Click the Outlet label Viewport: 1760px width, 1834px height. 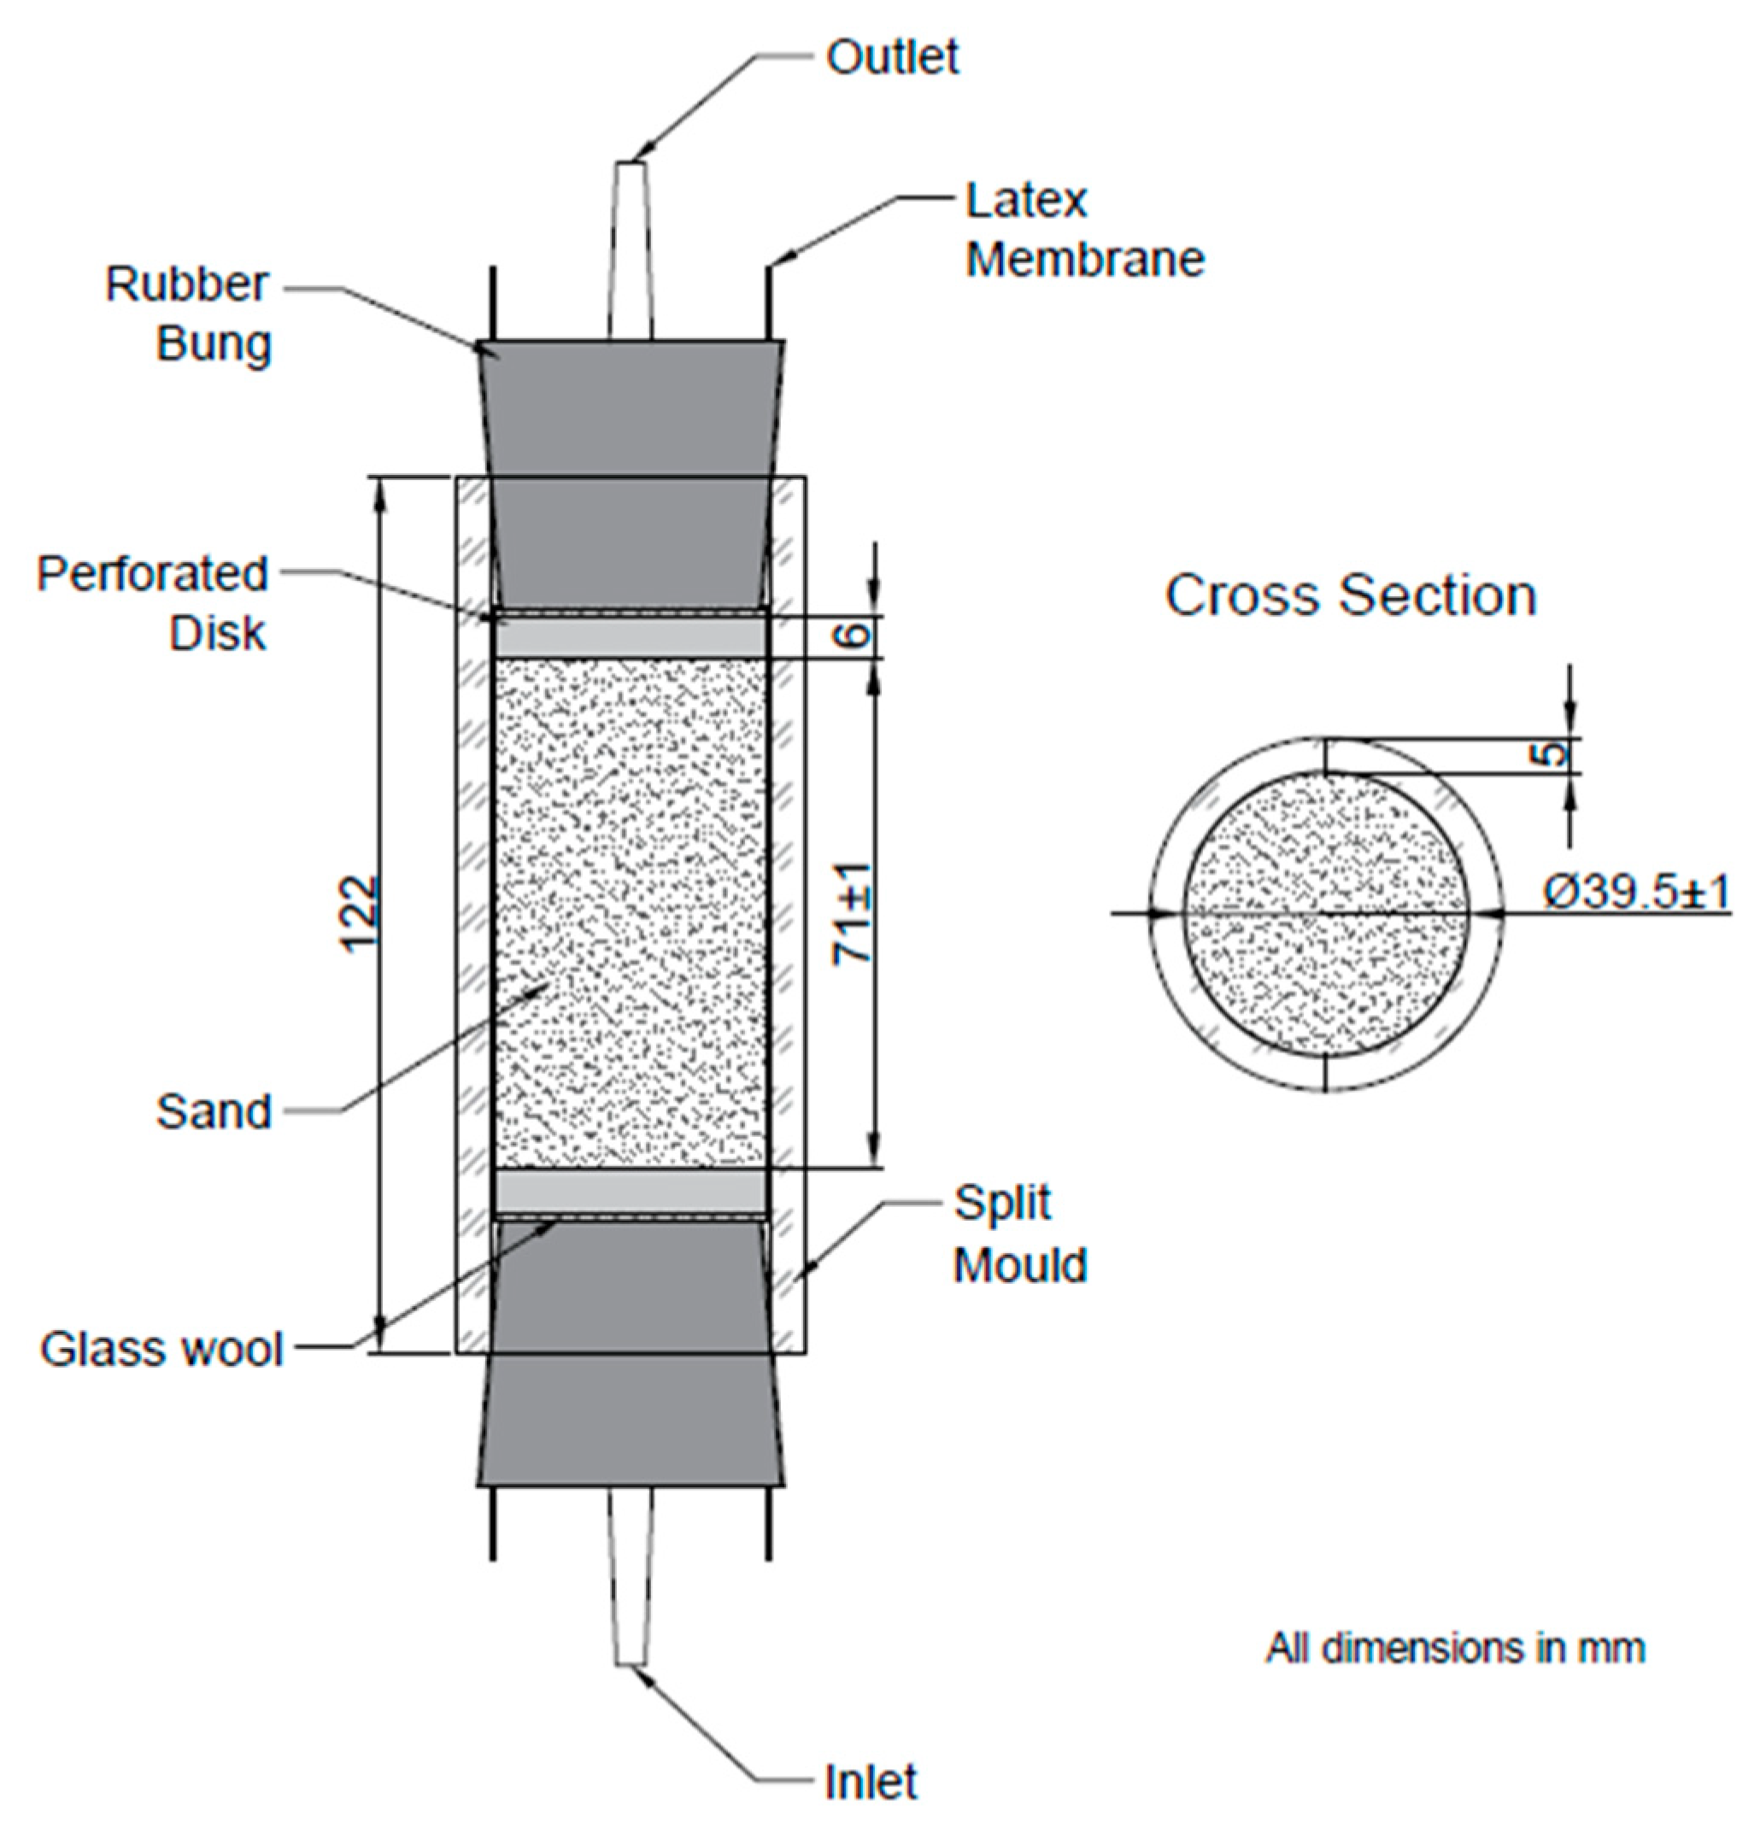[x=891, y=58]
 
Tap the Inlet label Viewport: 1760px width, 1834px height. [x=869, y=1782]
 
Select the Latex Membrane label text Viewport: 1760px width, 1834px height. [x=1083, y=230]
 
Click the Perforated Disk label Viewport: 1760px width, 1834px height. [x=153, y=604]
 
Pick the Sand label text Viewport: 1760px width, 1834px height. [x=214, y=1111]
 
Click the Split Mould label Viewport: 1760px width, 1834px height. [x=1019, y=1234]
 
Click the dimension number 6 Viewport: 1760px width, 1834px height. [x=853, y=636]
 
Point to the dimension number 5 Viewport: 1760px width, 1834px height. [x=1551, y=754]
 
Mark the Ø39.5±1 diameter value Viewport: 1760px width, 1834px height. [x=1635, y=892]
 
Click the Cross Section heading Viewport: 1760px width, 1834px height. [x=1349, y=595]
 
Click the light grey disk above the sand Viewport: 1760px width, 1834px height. [x=630, y=636]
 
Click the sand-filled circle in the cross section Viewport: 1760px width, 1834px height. [x=1325, y=913]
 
